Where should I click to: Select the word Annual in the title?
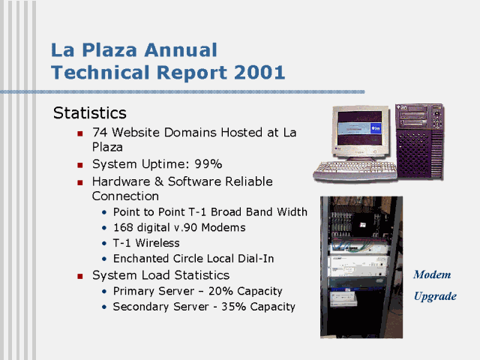pyautogui.click(x=181, y=50)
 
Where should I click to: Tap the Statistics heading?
pyautogui.click(x=90, y=113)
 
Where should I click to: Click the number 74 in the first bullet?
pyautogui.click(x=100, y=133)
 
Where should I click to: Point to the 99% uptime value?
pyautogui.click(x=208, y=164)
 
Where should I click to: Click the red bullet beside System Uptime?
pyautogui.click(x=80, y=165)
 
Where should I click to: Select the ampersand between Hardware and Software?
pyautogui.click(x=158, y=181)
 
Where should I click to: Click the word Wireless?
pyautogui.click(x=157, y=243)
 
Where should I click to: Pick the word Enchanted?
pyautogui.click(x=141, y=259)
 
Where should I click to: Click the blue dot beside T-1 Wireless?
pyautogui.click(x=104, y=243)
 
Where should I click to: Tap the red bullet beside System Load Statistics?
pyautogui.click(x=80, y=277)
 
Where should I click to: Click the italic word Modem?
pyautogui.click(x=432, y=274)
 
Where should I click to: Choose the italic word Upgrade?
pyautogui.click(x=435, y=296)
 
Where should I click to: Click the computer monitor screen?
pyautogui.click(x=360, y=128)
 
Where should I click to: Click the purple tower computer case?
pyautogui.click(x=419, y=142)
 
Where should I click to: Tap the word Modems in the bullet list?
pyautogui.click(x=223, y=227)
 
